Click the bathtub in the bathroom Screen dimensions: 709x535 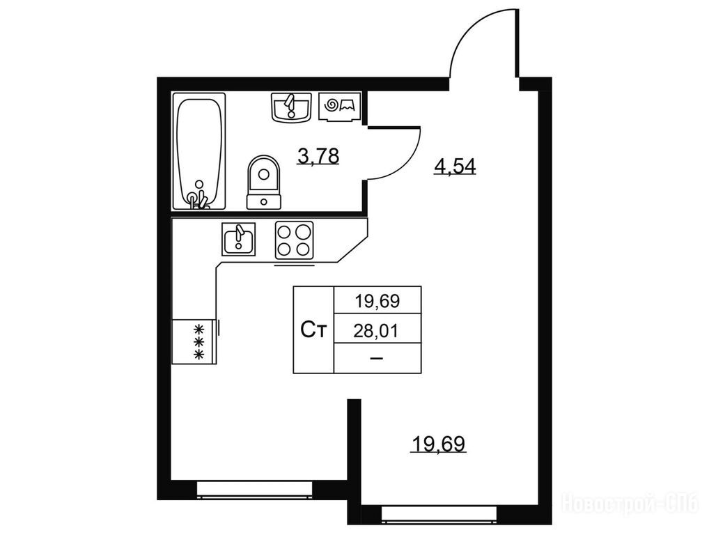(199, 151)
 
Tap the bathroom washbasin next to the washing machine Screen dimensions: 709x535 (292, 107)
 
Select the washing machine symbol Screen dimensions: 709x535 (340, 107)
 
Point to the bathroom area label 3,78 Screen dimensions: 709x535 (318, 157)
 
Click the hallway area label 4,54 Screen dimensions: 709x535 (455, 167)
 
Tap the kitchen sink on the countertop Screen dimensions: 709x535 (238, 239)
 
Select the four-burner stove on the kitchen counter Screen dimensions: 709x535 (295, 240)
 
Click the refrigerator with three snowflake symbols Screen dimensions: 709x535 (195, 341)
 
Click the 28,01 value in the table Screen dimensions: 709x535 (376, 332)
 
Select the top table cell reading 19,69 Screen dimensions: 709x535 (377, 301)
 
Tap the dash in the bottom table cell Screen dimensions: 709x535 (376, 358)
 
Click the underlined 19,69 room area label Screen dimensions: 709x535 (438, 444)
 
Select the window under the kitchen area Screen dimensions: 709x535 (255, 489)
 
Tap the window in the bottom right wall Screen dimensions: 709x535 (439, 514)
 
